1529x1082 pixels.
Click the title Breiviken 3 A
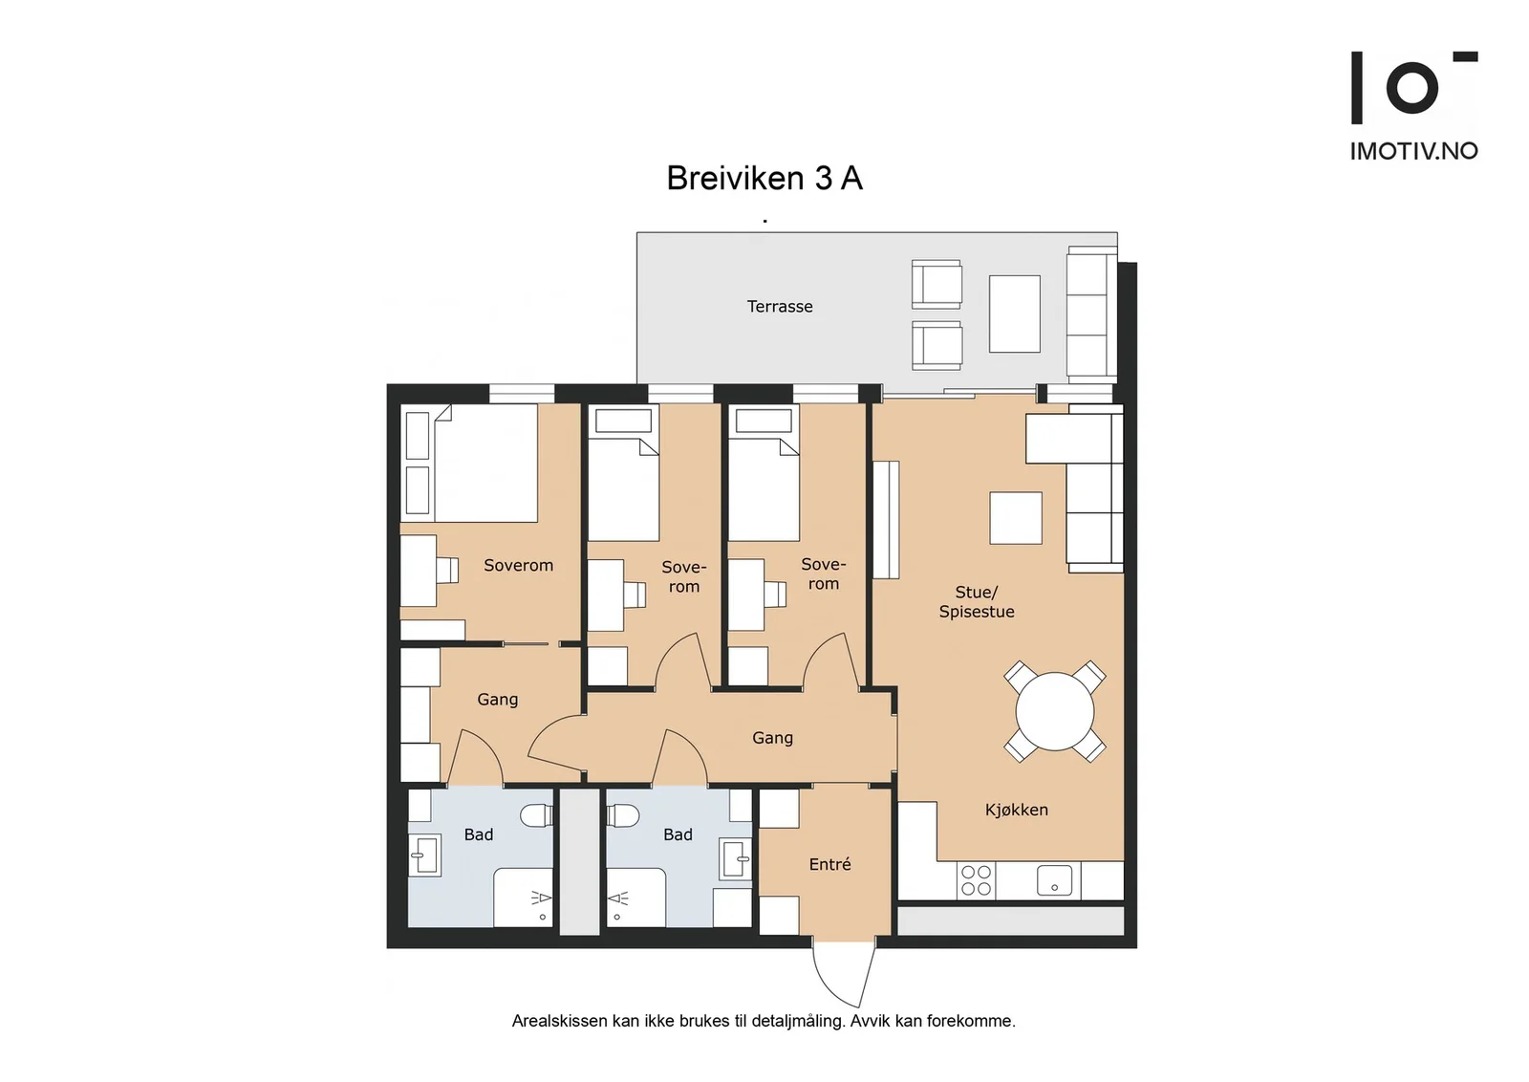tap(764, 178)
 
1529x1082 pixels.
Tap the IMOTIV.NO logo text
tap(1413, 151)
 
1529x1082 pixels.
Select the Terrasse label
tap(780, 307)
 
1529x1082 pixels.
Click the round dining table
tap(1055, 711)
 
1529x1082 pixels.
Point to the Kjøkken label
tap(1017, 810)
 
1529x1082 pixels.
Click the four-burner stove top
tap(976, 880)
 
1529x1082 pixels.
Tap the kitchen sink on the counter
tap(1055, 880)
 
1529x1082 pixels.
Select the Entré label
tap(830, 864)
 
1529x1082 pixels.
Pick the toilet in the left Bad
tap(536, 814)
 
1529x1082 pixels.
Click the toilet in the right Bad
tap(622, 815)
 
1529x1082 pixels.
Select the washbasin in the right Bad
tap(736, 859)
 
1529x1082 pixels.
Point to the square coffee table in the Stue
tap(1016, 517)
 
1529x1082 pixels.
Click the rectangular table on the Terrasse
tap(1014, 314)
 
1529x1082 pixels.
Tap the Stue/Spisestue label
tap(977, 601)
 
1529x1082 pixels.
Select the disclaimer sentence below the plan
tap(764, 1021)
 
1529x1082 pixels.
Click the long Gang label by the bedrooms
tap(773, 738)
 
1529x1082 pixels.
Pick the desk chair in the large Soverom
tap(448, 570)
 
